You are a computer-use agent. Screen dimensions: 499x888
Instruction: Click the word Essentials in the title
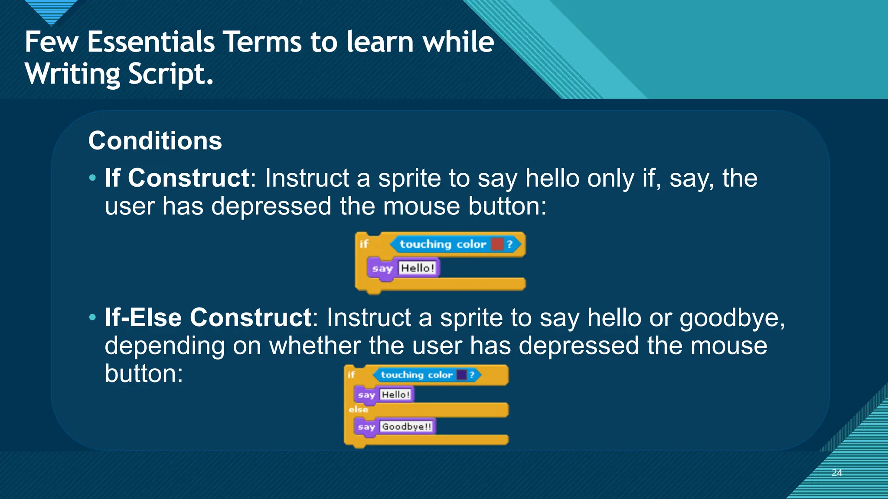pyautogui.click(x=151, y=42)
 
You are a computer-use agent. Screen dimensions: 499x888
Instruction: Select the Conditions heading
pyautogui.click(x=155, y=141)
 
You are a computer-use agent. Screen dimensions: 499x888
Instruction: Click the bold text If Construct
pyautogui.click(x=177, y=178)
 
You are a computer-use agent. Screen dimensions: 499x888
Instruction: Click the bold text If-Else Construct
pyautogui.click(x=208, y=318)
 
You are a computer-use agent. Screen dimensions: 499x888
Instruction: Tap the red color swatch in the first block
pyautogui.click(x=497, y=244)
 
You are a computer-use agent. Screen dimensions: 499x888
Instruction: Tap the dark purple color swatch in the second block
pyautogui.click(x=462, y=375)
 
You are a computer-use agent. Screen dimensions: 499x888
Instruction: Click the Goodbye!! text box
pyautogui.click(x=407, y=427)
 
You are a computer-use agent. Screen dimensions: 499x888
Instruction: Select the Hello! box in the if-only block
pyautogui.click(x=417, y=268)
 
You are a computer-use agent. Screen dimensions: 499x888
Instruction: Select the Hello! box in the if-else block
pyautogui.click(x=395, y=395)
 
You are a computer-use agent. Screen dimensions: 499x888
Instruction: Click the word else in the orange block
pyautogui.click(x=358, y=409)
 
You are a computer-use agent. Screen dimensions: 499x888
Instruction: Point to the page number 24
pyautogui.click(x=837, y=473)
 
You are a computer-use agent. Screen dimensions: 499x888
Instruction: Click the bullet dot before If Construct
pyautogui.click(x=92, y=178)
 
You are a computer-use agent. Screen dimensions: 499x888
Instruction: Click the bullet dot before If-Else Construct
pyautogui.click(x=92, y=318)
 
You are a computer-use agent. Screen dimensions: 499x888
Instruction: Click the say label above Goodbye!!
pyautogui.click(x=366, y=427)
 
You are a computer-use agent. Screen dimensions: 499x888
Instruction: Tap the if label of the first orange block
pyautogui.click(x=364, y=244)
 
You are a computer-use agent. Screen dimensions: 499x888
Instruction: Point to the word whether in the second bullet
pyautogui.click(x=314, y=346)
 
